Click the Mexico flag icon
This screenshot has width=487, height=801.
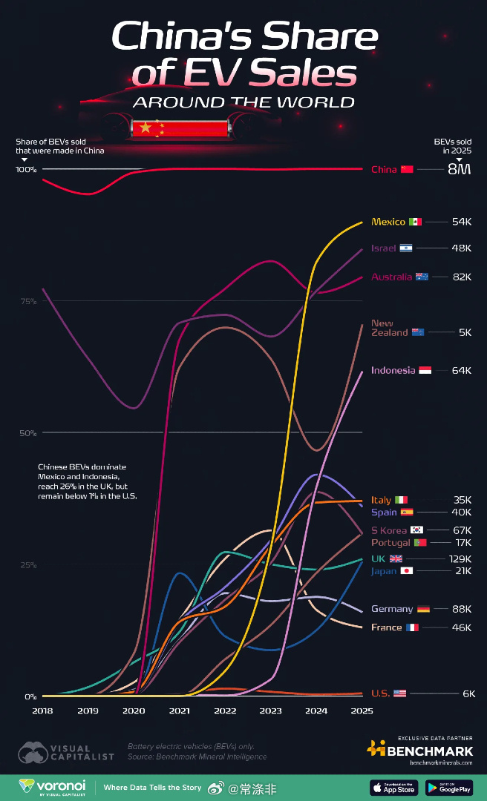coord(415,222)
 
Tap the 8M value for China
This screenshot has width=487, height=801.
coord(459,170)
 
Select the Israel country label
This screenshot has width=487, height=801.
coord(383,248)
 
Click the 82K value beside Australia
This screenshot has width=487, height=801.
coord(462,277)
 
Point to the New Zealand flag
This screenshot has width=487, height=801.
coord(418,332)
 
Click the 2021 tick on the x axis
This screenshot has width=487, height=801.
coord(179,711)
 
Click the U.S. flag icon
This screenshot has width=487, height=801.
coord(400,693)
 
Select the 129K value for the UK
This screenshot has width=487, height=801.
coord(460,558)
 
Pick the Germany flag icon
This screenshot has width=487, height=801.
coord(424,609)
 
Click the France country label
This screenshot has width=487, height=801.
coord(386,627)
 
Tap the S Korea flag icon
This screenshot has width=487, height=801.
coord(417,530)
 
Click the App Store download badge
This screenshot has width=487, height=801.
coord(393,787)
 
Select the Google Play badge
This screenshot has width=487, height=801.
coord(450,787)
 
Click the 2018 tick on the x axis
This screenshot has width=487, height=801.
coord(43,711)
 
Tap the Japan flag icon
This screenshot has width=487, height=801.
coord(407,571)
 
